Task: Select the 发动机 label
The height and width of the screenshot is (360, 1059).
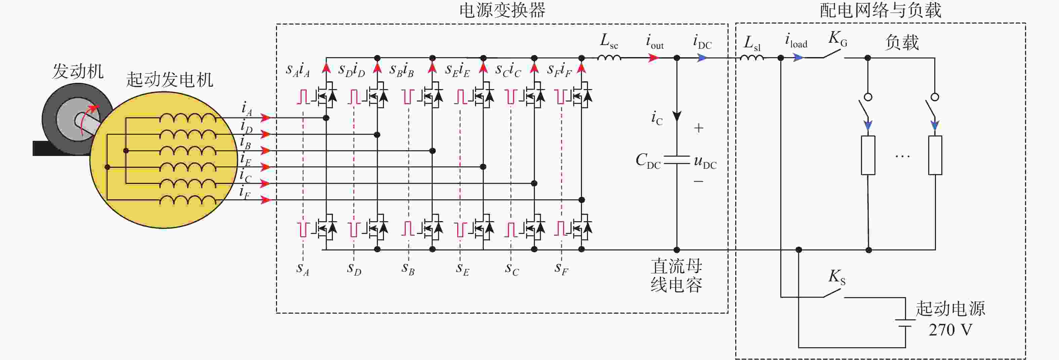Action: click(78, 72)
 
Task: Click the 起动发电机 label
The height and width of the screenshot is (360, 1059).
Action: click(169, 80)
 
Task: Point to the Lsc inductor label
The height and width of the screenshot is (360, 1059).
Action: click(609, 41)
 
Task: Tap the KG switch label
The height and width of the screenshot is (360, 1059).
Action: click(837, 39)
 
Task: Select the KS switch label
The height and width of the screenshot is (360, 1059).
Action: click(836, 277)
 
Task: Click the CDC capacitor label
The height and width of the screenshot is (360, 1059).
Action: click(648, 160)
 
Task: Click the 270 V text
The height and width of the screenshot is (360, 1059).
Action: click(950, 330)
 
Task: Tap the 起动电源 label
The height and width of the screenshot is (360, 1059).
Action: click(950, 309)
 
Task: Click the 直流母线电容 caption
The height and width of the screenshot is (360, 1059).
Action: click(676, 275)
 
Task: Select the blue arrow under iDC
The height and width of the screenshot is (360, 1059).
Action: click(703, 58)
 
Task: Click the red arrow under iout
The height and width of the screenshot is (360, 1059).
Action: click(653, 58)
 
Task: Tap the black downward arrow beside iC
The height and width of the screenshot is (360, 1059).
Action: click(677, 116)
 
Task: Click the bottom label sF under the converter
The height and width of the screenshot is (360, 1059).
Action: click(561, 269)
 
